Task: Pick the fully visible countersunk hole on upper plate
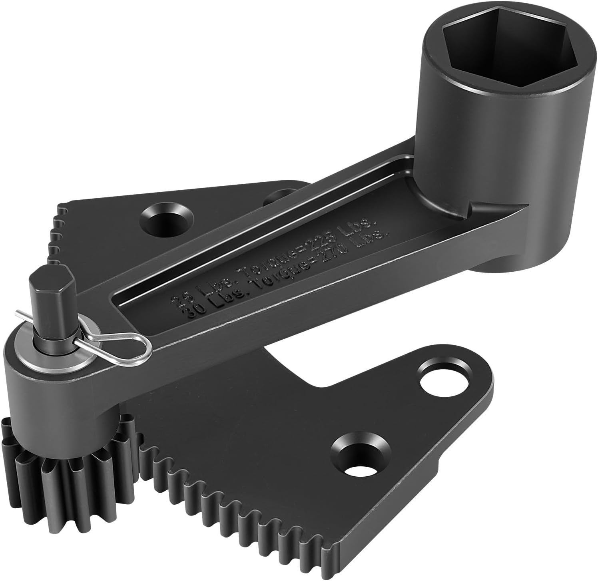168,219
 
